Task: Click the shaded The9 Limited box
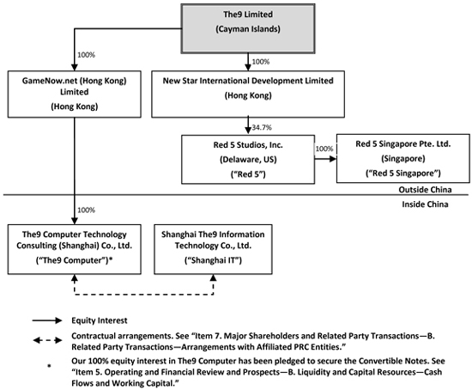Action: pos(248,28)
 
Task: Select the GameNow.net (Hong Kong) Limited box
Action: pos(75,94)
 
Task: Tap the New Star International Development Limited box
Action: pos(248,94)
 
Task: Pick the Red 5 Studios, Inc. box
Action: pos(248,159)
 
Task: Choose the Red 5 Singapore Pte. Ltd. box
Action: pos(403,159)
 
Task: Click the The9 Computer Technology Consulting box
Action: pos(75,249)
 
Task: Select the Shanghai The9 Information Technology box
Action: pos(213,249)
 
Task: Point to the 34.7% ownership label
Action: pos(262,127)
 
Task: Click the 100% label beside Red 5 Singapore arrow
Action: pos(324,149)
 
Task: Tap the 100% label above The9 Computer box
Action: pos(87,210)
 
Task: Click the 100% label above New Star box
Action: pos(260,62)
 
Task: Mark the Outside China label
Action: pos(425,190)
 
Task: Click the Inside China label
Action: pos(425,204)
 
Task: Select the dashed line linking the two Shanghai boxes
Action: pos(144,295)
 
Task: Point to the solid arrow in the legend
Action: pos(47,320)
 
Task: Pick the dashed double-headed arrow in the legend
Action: pos(47,340)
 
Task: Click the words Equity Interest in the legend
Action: pos(100,320)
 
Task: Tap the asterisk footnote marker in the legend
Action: pos(49,366)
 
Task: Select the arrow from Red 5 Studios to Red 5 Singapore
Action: pos(326,159)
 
